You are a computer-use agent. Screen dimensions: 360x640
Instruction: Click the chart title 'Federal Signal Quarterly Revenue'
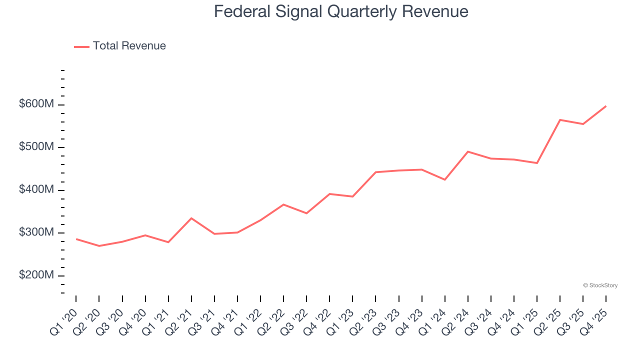[x=341, y=11]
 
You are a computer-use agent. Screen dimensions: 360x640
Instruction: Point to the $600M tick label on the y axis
[x=37, y=104]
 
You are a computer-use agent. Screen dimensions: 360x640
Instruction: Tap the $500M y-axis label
[x=37, y=147]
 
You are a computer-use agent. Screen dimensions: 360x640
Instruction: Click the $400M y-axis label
[x=37, y=190]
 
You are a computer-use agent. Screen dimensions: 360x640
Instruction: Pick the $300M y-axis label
[x=37, y=233]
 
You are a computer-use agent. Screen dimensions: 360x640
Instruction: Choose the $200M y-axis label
[x=37, y=275]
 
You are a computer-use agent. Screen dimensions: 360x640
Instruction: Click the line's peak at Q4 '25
[x=606, y=106]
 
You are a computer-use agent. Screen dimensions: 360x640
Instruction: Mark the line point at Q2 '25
[x=560, y=120]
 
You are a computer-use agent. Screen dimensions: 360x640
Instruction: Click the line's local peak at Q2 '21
[x=191, y=218]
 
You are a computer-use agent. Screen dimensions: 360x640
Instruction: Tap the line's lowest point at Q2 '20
[x=99, y=246]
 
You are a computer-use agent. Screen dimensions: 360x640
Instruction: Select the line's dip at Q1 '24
[x=444, y=179]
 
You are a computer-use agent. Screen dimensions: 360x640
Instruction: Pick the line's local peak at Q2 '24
[x=468, y=151]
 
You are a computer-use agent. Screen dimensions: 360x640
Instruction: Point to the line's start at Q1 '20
[x=76, y=239]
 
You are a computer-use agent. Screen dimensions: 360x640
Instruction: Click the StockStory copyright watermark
[x=600, y=285]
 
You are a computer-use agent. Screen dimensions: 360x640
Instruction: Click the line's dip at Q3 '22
[x=306, y=213]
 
